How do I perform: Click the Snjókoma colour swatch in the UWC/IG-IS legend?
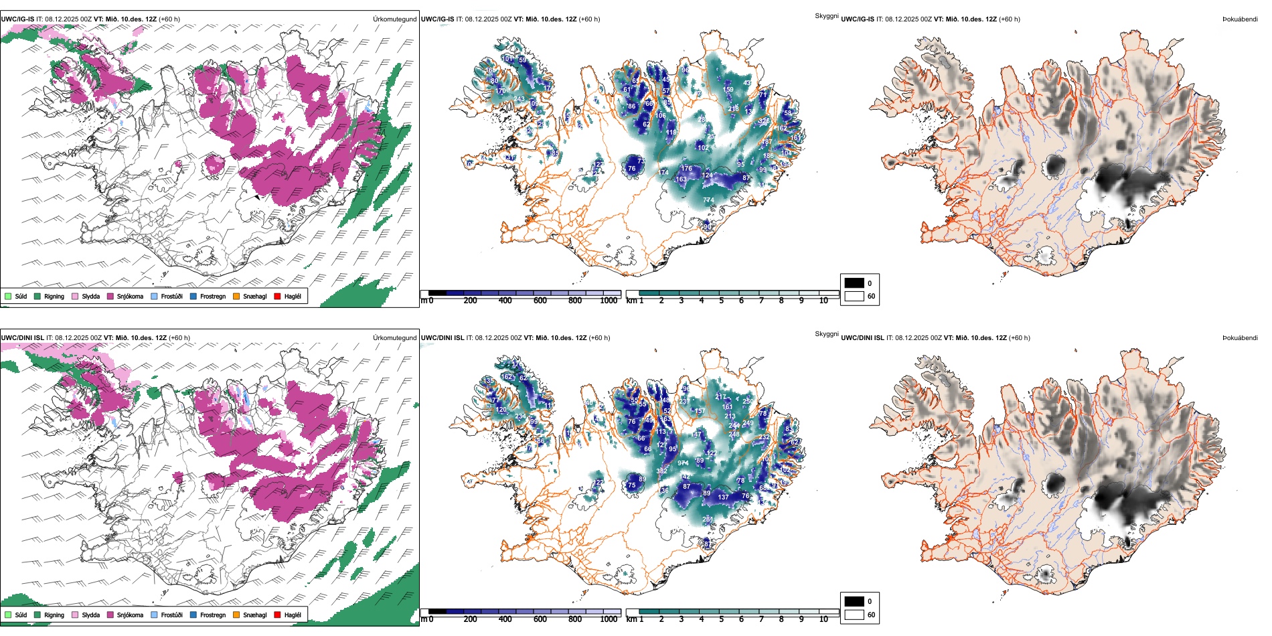(x=110, y=296)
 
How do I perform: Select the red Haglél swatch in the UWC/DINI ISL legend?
(x=277, y=615)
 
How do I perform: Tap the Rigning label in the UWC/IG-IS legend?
(x=54, y=297)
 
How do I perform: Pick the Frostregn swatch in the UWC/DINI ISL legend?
(x=193, y=615)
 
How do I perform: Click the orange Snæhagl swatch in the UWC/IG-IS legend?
(x=236, y=296)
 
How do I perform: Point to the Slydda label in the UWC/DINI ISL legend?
(x=91, y=615)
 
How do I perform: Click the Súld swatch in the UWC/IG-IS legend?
(x=8, y=296)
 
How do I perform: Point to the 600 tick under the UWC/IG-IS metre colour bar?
(x=540, y=301)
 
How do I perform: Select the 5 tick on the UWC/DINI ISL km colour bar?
(x=722, y=619)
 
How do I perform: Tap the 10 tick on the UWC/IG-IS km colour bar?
(x=823, y=301)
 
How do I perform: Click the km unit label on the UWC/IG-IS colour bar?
(x=631, y=301)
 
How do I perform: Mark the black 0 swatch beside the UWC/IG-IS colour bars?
(x=854, y=283)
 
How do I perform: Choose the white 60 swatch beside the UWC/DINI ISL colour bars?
(x=854, y=615)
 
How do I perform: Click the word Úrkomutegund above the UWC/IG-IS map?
(x=394, y=19)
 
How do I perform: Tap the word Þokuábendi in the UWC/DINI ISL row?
(x=1240, y=338)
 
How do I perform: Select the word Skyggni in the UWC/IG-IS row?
(x=826, y=16)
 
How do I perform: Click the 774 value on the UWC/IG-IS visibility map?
(x=708, y=200)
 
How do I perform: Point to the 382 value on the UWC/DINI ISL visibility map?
(x=661, y=471)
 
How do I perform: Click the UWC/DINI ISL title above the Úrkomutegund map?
(x=21, y=338)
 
